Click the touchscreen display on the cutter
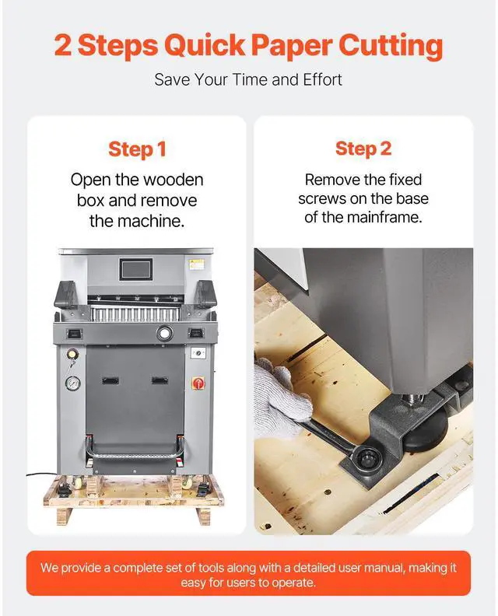136,270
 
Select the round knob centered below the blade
165,333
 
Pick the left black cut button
75,333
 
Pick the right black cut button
196,333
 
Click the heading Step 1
136,149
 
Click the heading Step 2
363,149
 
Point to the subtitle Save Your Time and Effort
248,79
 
